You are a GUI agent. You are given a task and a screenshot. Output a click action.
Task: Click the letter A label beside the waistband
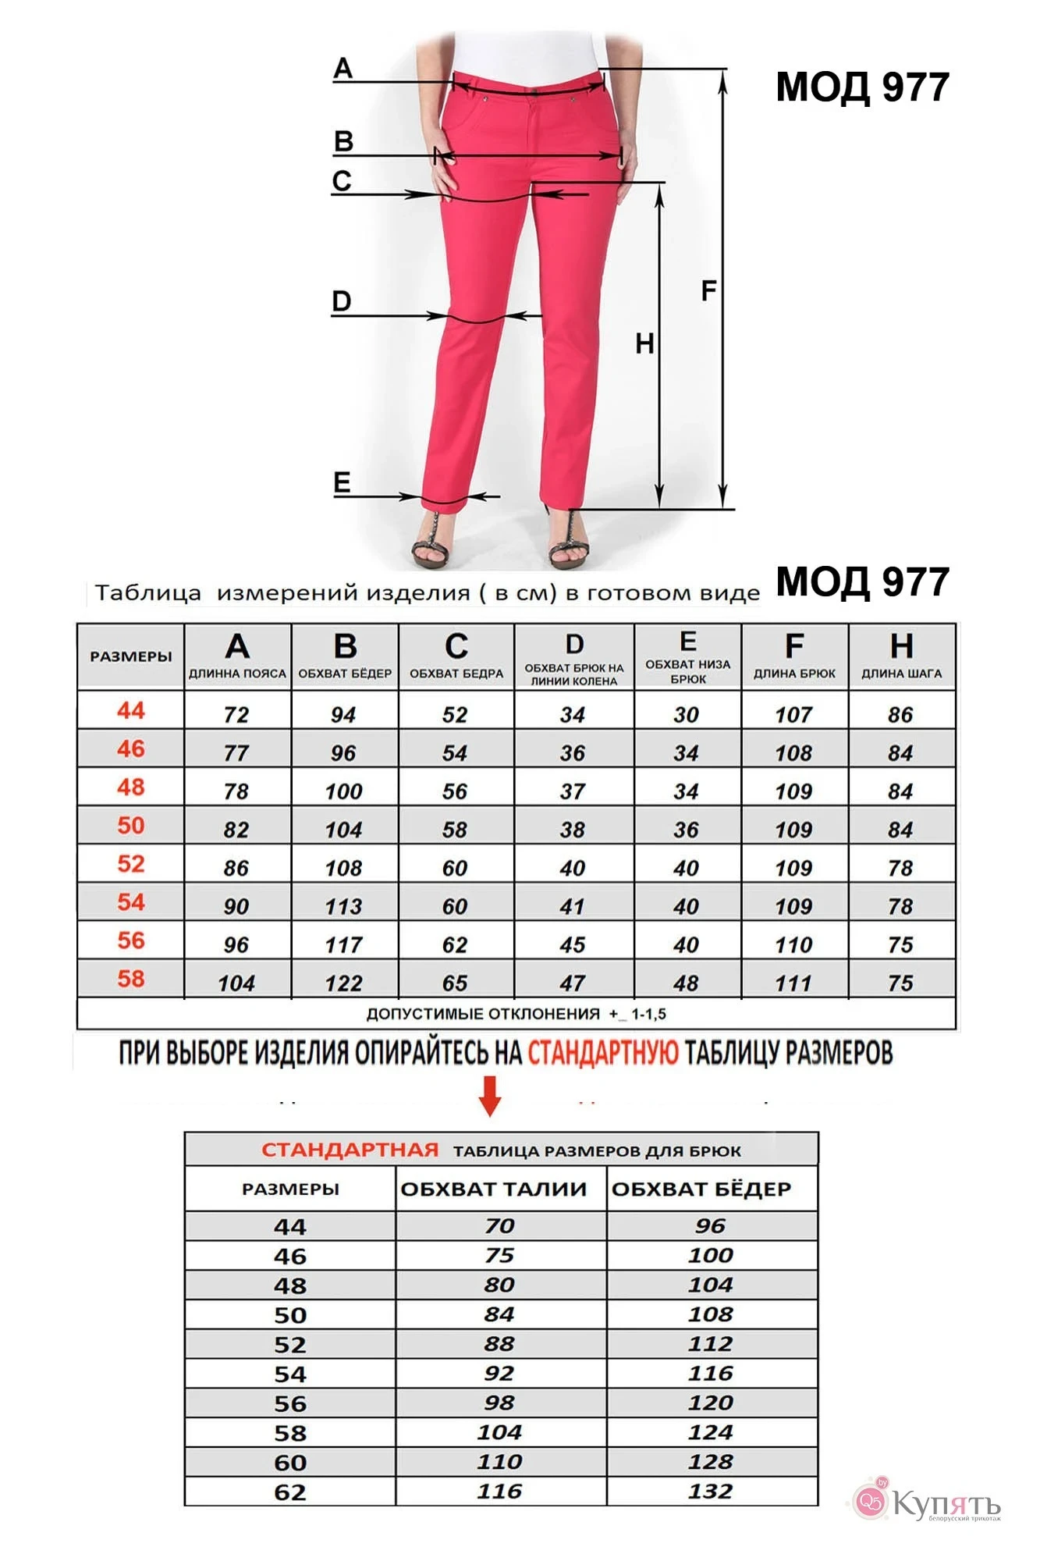(x=343, y=69)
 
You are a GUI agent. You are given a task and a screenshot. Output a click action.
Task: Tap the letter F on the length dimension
(x=708, y=291)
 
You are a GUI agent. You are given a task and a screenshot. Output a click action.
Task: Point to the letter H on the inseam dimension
(x=644, y=343)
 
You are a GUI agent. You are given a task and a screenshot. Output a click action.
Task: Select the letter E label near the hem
(x=342, y=482)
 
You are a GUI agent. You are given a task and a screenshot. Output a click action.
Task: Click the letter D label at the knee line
(x=342, y=301)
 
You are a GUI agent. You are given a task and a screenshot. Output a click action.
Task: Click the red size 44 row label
(x=131, y=711)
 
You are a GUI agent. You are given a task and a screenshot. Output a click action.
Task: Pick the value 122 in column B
(x=344, y=983)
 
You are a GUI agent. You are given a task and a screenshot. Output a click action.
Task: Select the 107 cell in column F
(x=793, y=715)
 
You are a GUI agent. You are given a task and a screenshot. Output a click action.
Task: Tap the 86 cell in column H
(x=900, y=715)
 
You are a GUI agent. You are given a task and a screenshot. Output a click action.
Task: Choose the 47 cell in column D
(x=573, y=983)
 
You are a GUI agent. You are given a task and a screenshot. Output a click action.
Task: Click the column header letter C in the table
(x=456, y=647)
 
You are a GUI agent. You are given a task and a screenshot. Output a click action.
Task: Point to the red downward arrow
(x=490, y=1096)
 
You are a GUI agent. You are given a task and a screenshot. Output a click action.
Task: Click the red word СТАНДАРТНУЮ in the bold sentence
(x=603, y=1053)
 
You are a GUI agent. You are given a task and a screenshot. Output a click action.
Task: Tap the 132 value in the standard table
(x=711, y=1492)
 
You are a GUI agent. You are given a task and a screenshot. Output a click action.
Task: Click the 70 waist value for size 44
(x=499, y=1226)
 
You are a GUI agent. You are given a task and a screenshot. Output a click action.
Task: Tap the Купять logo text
(x=944, y=1503)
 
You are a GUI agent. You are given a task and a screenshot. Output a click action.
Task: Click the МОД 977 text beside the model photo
(x=862, y=87)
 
